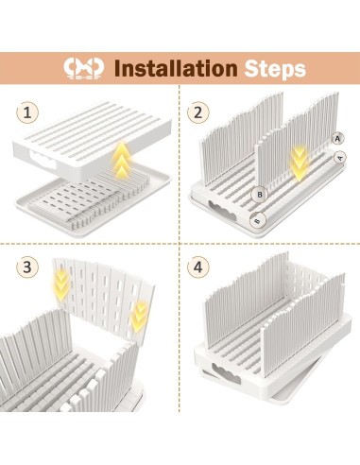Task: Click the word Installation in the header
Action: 176,68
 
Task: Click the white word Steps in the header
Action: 275,69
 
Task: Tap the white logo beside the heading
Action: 83,68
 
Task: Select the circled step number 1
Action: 27,112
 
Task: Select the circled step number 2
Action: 197,112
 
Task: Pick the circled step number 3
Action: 27,267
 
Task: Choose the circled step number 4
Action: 197,267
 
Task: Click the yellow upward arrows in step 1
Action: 122,160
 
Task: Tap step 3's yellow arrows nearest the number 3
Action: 61,284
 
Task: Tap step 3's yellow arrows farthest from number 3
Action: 139,316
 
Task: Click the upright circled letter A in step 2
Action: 337,138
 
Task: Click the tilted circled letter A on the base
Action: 339,157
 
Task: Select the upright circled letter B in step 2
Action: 260,195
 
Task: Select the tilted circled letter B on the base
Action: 258,220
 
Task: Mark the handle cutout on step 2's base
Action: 222,210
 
